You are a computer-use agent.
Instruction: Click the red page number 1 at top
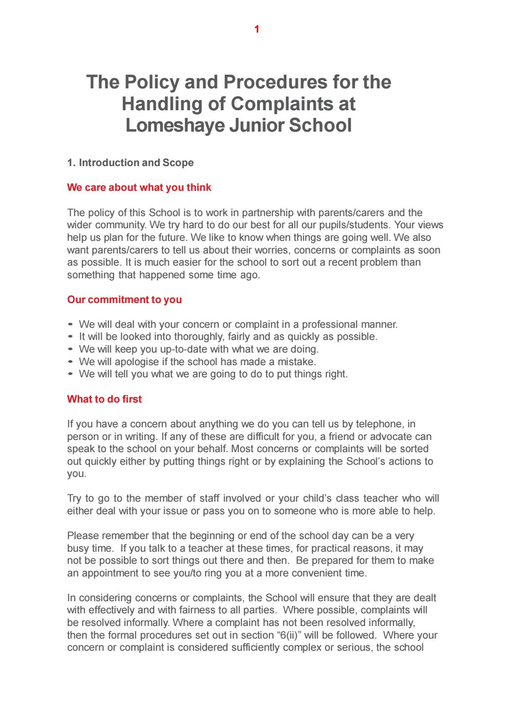(257, 30)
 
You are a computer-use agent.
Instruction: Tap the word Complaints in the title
(287, 103)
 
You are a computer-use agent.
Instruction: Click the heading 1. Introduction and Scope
(130, 163)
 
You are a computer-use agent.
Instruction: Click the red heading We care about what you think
(139, 187)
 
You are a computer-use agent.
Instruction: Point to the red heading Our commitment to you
(124, 300)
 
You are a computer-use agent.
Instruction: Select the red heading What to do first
(104, 399)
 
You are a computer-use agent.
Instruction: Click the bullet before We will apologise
(71, 362)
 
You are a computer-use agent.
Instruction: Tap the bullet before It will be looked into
(71, 337)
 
